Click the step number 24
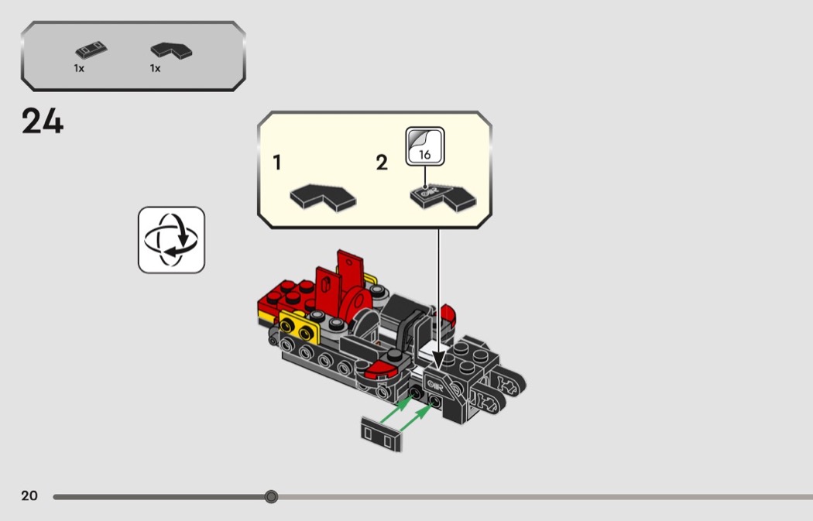(43, 122)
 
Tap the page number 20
(29, 495)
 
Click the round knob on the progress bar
(271, 497)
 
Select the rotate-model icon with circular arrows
(172, 240)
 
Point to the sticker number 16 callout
(424, 146)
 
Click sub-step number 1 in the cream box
(277, 163)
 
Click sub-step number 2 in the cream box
(382, 163)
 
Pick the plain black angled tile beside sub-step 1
(323, 197)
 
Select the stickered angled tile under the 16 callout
(443, 197)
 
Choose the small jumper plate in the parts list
(91, 50)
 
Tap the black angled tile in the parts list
(171, 50)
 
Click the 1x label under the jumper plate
(79, 68)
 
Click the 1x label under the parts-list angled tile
(155, 68)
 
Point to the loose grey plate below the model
(381, 434)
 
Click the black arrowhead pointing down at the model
(439, 360)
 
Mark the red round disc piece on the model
(358, 300)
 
